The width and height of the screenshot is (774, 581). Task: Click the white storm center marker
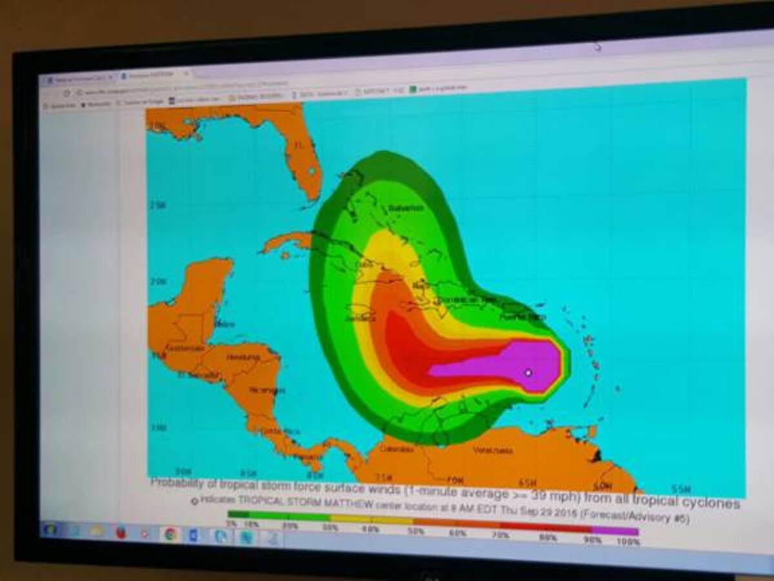(528, 372)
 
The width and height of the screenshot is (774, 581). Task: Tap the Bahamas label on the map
(406, 208)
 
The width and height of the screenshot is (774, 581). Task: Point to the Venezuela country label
(492, 450)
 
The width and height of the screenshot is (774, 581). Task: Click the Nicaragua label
(266, 390)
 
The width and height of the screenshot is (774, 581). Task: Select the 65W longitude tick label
(527, 483)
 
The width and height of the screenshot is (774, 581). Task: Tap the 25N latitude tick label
(157, 205)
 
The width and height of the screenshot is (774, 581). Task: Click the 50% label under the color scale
(416, 531)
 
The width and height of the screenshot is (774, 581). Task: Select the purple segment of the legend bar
(615, 531)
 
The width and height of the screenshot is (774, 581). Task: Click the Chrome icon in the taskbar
(170, 533)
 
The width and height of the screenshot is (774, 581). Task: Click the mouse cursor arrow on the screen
(598, 46)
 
